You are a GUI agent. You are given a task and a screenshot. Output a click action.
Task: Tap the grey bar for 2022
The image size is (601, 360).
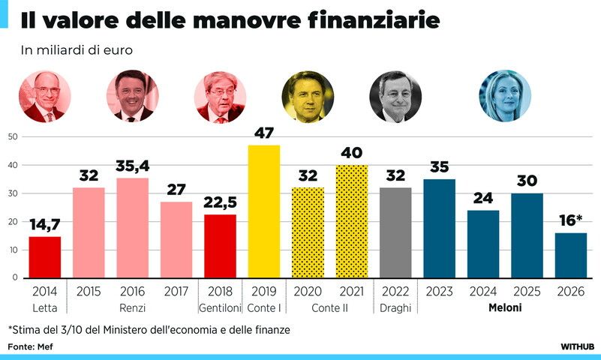(x=395, y=232)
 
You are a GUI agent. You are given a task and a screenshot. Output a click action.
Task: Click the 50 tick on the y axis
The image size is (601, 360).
(x=13, y=136)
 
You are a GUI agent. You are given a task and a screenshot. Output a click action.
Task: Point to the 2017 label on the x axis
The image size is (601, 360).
(x=176, y=292)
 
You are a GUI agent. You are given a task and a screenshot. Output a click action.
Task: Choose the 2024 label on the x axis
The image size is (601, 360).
(x=483, y=292)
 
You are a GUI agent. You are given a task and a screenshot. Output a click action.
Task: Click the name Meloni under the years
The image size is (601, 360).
(x=505, y=308)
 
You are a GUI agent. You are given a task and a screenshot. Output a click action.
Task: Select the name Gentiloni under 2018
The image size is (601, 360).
(x=220, y=308)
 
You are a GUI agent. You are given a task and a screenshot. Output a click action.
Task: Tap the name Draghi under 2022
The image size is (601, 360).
(x=395, y=308)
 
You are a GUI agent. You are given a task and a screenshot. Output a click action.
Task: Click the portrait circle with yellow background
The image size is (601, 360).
(x=308, y=97)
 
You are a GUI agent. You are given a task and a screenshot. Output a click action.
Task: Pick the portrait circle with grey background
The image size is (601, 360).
(x=395, y=97)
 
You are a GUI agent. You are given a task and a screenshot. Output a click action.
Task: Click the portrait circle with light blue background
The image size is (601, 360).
(x=505, y=97)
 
